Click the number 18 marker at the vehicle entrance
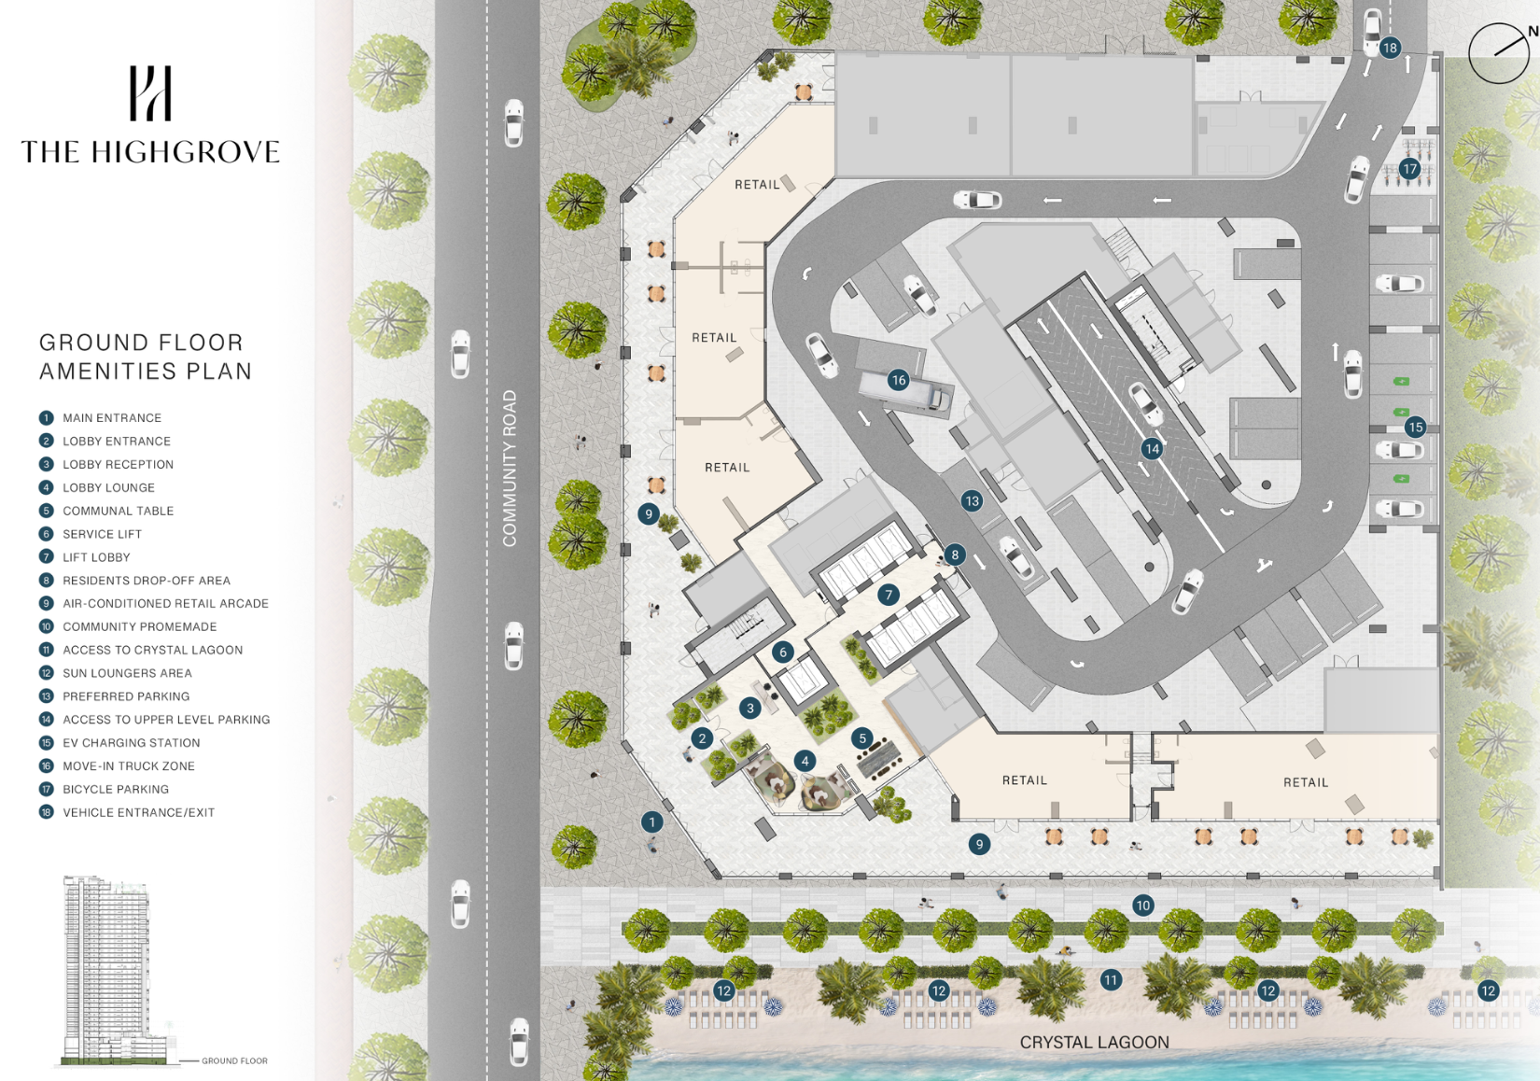click(x=1390, y=48)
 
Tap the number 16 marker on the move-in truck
click(x=899, y=380)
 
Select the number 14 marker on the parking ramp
click(x=1153, y=448)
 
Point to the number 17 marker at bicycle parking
click(x=1410, y=168)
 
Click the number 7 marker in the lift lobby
click(x=889, y=595)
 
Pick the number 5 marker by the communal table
click(x=862, y=738)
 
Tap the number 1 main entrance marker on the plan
click(x=651, y=821)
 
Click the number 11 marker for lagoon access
click(x=1111, y=980)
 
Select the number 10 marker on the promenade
click(x=1142, y=905)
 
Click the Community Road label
click(x=509, y=469)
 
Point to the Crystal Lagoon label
click(x=1095, y=1043)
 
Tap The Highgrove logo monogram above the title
click(x=150, y=92)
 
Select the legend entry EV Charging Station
click(x=132, y=743)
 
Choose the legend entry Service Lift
click(x=103, y=534)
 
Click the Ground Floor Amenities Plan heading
click(x=145, y=357)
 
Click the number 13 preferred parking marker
click(x=973, y=500)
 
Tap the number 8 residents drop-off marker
click(x=954, y=555)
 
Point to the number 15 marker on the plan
click(x=1415, y=427)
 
